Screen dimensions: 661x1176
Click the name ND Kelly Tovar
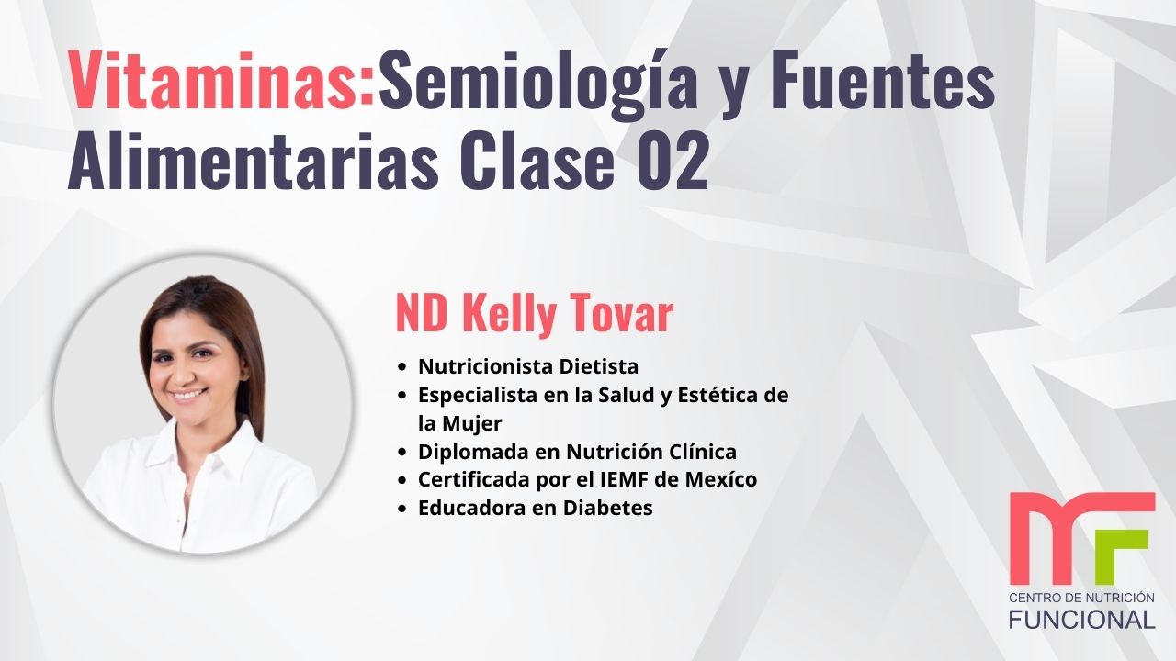tap(534, 314)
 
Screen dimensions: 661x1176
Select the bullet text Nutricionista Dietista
tap(527, 366)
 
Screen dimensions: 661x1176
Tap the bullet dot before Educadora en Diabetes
tap(402, 509)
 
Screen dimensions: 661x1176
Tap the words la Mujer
tap(459, 423)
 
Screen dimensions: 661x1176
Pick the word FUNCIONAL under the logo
tap(1081, 619)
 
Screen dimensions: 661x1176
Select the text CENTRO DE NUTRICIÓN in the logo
tap(1081, 598)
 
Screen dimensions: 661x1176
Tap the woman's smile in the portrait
tap(189, 395)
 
